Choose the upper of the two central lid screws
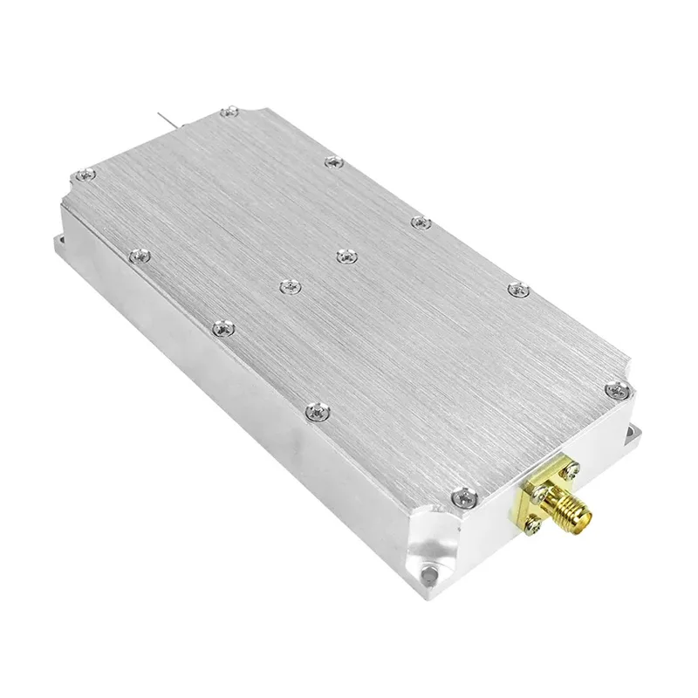pyautogui.click(x=346, y=257)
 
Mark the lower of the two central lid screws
pyautogui.click(x=288, y=284)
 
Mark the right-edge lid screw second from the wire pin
pyautogui.click(x=332, y=161)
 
